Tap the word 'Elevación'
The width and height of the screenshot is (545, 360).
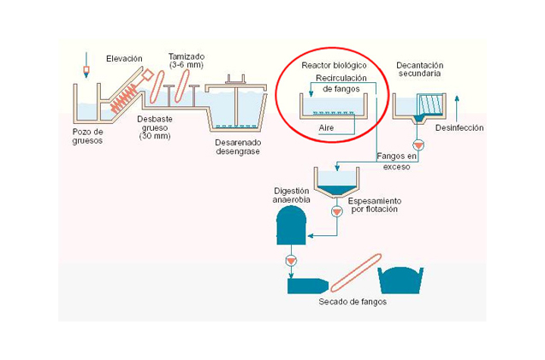124,58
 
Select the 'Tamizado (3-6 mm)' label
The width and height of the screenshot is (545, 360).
187,60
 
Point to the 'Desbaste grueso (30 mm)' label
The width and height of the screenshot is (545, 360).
157,127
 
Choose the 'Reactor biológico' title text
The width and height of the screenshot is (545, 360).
334,66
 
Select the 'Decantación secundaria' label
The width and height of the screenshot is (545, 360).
418,69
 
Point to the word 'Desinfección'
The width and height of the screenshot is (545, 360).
459,127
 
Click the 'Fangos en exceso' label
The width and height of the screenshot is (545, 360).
397,162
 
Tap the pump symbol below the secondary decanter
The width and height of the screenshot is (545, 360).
418,143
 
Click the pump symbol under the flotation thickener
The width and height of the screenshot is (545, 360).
336,210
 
